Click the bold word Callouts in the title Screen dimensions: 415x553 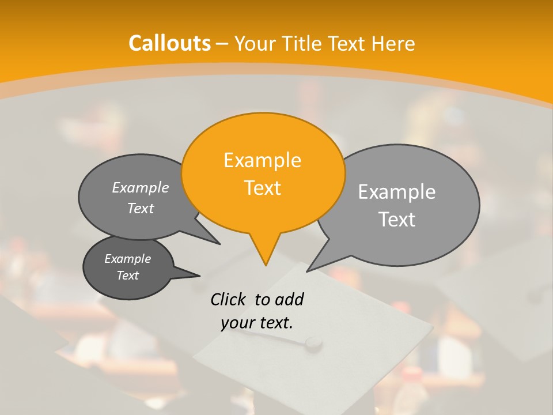point(169,43)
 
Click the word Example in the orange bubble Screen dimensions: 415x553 point(262,160)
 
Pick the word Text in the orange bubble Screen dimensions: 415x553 point(262,188)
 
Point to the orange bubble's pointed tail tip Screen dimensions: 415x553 point(266,265)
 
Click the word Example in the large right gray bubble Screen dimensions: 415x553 point(397,192)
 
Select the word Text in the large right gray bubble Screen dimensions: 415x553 point(397,220)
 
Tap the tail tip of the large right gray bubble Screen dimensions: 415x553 point(307,271)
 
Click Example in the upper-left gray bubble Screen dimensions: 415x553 point(141,187)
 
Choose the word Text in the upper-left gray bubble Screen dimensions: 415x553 point(141,208)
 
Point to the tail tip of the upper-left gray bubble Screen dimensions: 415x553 point(220,244)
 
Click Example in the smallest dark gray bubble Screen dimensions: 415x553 point(127,259)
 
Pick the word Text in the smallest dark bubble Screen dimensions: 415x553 point(127,276)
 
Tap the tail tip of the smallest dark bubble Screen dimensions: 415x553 point(200,276)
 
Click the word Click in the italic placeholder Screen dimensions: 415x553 point(229,299)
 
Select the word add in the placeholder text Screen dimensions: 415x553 point(289,299)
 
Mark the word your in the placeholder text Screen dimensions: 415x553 point(237,323)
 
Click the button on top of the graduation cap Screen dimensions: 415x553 point(313,344)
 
